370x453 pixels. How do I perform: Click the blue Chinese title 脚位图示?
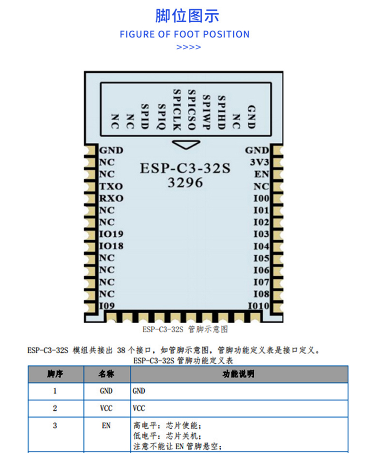pyautogui.click(x=187, y=16)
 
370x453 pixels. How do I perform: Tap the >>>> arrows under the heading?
pyautogui.click(x=188, y=47)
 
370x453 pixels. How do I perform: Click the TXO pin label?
pyautogui.click(x=111, y=186)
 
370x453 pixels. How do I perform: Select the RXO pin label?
pyautogui.click(x=111, y=198)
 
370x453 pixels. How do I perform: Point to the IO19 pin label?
pyautogui.click(x=111, y=234)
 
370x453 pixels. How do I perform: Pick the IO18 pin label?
pyautogui.click(x=111, y=246)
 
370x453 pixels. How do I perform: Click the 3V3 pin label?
pyautogui.click(x=259, y=162)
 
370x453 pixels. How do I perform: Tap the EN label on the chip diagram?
pyautogui.click(x=261, y=174)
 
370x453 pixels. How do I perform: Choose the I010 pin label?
pyautogui.click(x=258, y=305)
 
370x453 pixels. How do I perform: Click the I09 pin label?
pyautogui.click(x=107, y=305)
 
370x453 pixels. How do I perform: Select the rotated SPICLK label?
pyautogui.click(x=177, y=110)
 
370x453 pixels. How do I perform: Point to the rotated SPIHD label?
pyautogui.click(x=221, y=112)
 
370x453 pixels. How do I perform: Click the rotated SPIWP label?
pyautogui.click(x=206, y=112)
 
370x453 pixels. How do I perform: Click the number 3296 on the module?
pyautogui.click(x=185, y=183)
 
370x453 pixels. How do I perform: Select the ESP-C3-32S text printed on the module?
pyautogui.click(x=185, y=168)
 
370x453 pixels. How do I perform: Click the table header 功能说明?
pyautogui.click(x=238, y=374)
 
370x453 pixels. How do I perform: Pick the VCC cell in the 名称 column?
pyautogui.click(x=106, y=408)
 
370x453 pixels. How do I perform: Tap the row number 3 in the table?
pyautogui.click(x=55, y=425)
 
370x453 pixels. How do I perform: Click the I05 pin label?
pyautogui.click(x=261, y=258)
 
